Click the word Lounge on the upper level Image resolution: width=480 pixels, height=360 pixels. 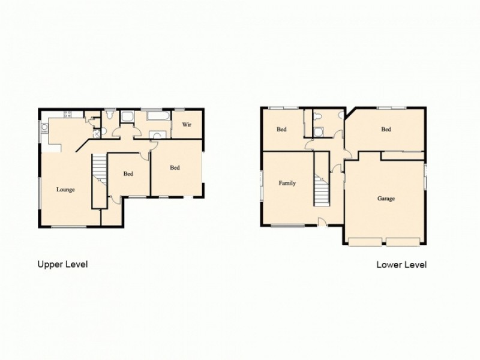tap(65, 190)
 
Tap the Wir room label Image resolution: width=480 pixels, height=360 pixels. tap(187, 125)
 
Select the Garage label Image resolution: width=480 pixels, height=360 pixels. tap(386, 199)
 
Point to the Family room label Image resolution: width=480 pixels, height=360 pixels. tap(287, 183)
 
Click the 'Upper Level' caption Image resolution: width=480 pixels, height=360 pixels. tap(62, 264)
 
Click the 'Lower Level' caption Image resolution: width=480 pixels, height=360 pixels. tap(401, 264)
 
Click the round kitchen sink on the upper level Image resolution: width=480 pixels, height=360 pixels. tap(44, 127)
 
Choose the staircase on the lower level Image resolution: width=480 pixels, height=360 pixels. tap(322, 183)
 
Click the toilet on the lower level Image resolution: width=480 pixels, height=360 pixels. tap(319, 116)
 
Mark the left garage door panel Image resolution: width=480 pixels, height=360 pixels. tap(366, 242)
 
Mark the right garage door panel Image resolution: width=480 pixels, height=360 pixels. tap(403, 242)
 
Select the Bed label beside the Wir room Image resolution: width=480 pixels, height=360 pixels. tap(175, 168)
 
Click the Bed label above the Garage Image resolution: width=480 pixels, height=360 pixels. tap(386, 129)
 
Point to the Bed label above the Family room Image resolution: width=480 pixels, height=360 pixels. tap(281, 129)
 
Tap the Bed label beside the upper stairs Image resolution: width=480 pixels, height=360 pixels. tap(128, 174)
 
